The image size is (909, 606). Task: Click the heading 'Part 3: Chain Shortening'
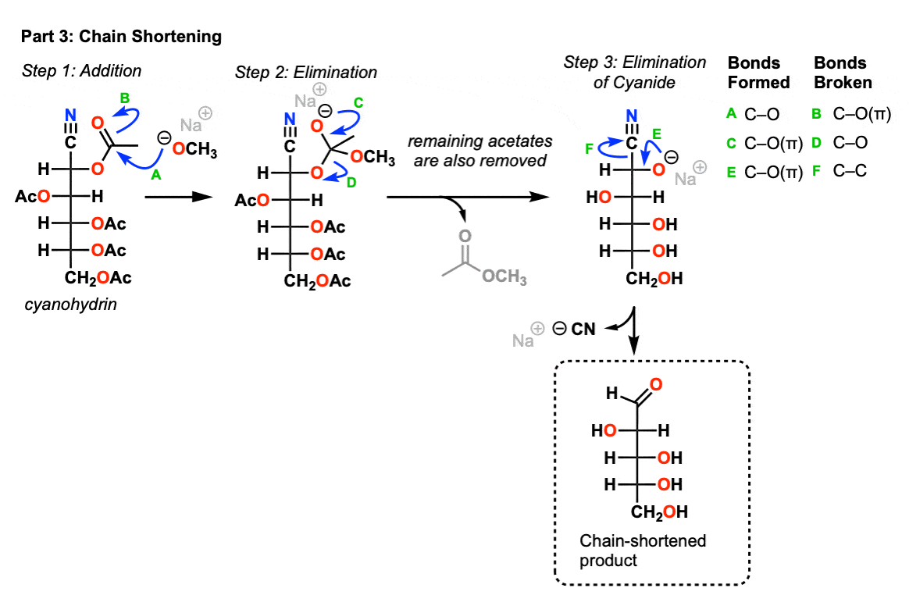pos(121,37)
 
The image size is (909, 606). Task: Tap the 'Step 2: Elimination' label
pos(305,73)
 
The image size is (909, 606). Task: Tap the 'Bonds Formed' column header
pos(758,73)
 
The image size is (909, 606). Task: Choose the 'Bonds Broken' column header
pos(843,73)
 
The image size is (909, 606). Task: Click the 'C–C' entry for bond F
pos(850,171)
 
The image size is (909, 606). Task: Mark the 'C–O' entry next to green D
pos(850,143)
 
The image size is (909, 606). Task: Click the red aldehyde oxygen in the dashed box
pos(656,383)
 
